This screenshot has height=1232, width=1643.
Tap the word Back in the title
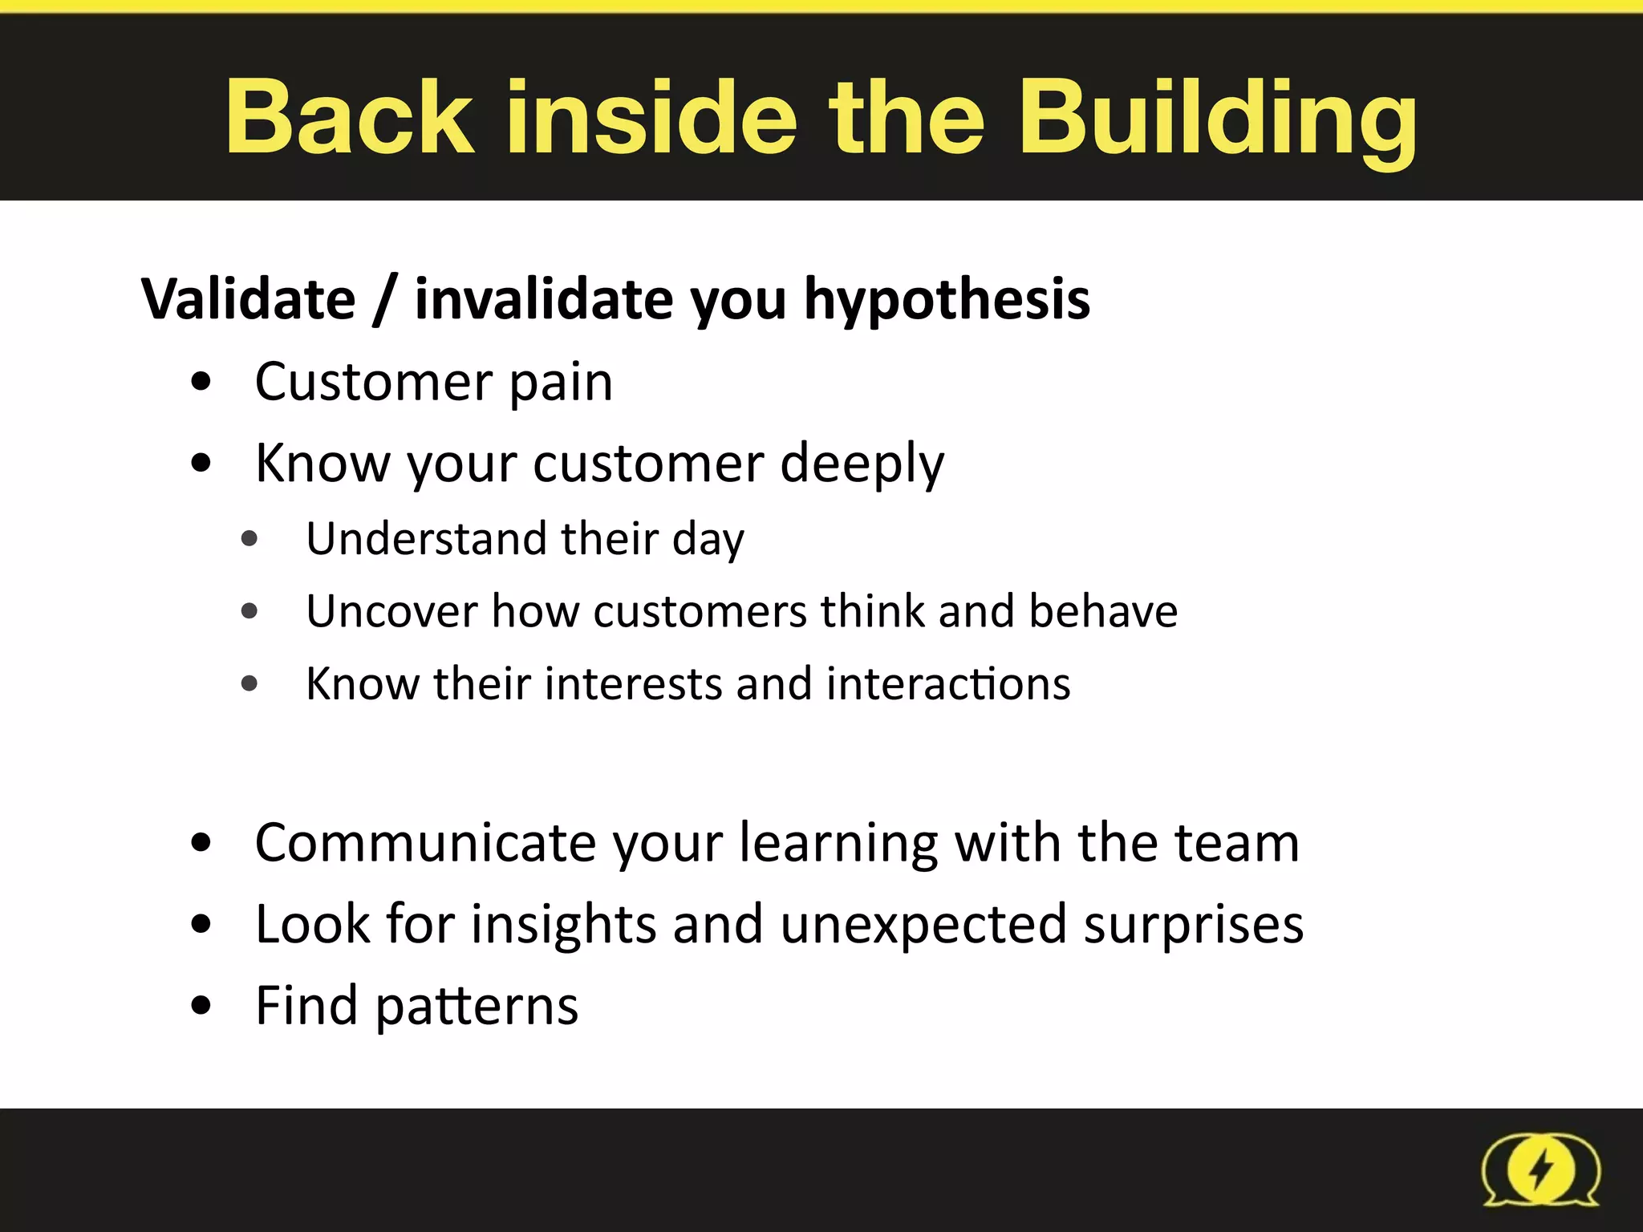click(x=350, y=118)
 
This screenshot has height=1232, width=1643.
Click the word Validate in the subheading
click(x=249, y=299)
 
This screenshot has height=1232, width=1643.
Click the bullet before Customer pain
click(x=201, y=382)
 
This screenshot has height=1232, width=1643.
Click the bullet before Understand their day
click(x=249, y=538)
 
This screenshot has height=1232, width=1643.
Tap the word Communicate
click(x=426, y=843)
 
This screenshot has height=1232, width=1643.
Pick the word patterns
click(x=477, y=1007)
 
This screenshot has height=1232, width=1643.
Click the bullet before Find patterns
click(x=201, y=1005)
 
